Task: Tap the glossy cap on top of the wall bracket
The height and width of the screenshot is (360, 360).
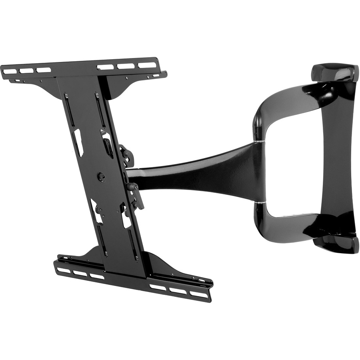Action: [334, 73]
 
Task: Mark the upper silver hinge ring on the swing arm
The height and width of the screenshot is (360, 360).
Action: [259, 141]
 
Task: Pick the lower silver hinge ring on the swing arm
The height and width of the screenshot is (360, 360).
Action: [260, 203]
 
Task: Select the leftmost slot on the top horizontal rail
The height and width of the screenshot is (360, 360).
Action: [10, 72]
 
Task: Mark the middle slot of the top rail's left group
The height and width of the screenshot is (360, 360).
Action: [26, 71]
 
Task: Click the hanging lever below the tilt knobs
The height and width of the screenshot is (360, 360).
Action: [138, 196]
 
